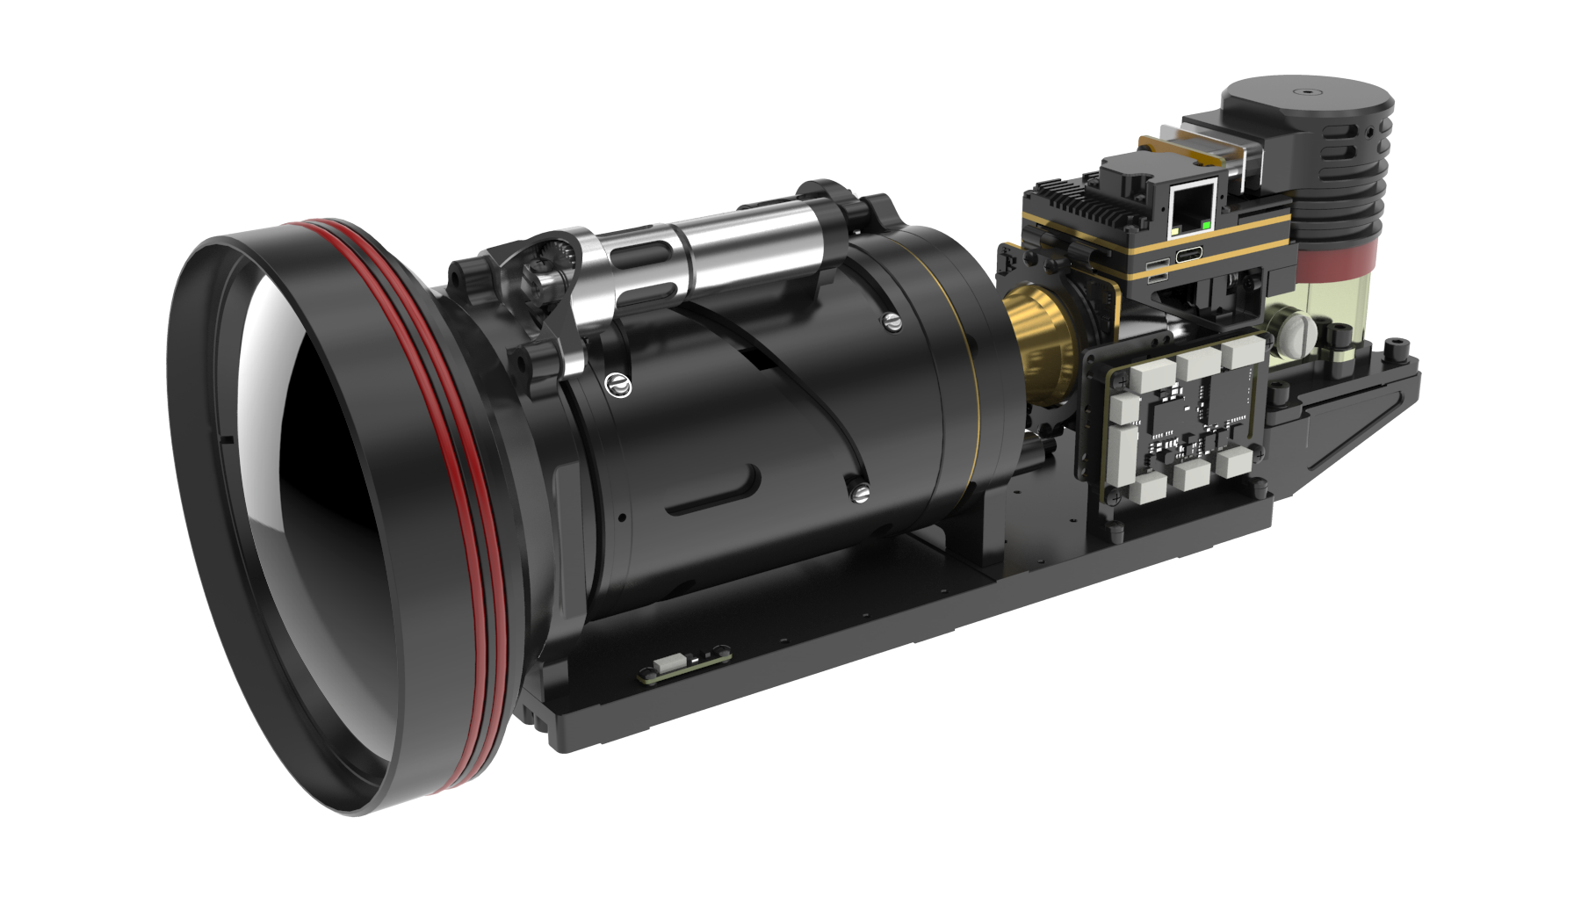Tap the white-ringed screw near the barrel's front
coord(618,384)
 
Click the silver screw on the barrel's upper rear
coord(891,322)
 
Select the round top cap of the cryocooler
coord(1305,95)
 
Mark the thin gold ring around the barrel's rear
coord(971,387)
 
